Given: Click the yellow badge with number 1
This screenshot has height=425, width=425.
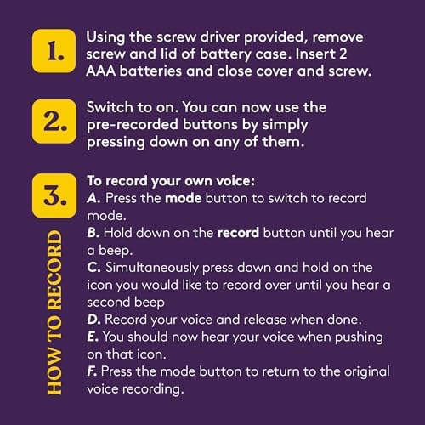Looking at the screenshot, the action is [x=54, y=51].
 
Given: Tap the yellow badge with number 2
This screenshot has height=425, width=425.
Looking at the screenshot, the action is [x=54, y=122].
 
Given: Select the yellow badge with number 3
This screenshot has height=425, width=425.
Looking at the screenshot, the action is [x=54, y=195].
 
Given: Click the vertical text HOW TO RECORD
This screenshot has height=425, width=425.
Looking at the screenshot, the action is [x=54, y=313].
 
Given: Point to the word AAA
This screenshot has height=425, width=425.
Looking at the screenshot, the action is [x=100, y=71].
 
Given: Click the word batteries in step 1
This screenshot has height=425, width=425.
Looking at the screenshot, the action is [x=150, y=71].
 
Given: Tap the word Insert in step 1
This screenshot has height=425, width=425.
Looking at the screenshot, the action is [x=315, y=54].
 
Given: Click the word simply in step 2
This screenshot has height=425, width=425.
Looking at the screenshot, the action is [x=285, y=126].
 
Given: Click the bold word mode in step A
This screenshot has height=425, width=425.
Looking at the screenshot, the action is [x=183, y=198].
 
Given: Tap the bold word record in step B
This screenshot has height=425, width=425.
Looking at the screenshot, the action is [x=238, y=233].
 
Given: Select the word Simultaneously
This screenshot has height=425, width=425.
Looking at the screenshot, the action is [x=152, y=268].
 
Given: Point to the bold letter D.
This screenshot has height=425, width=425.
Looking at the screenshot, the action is [x=93, y=320].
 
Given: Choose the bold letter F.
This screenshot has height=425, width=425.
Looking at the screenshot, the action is [x=92, y=371].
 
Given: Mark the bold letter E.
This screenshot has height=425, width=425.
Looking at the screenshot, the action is [x=93, y=337].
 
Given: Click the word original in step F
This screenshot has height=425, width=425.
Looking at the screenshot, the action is [x=367, y=372].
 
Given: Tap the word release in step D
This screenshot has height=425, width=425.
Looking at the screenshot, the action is [x=264, y=320].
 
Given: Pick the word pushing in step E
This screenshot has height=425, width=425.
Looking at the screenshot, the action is [x=359, y=337].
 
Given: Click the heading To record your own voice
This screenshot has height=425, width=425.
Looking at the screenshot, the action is [x=171, y=181].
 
